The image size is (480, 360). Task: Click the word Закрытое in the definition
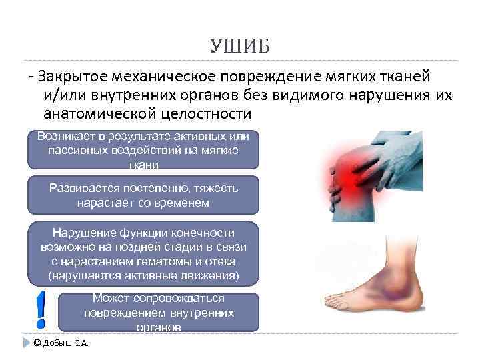(x=73, y=77)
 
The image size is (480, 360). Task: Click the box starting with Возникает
(x=143, y=149)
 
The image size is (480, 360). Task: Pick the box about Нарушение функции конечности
(x=143, y=253)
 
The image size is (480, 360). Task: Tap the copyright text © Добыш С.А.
(x=61, y=343)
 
